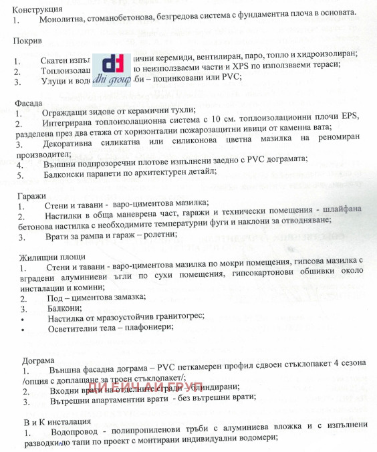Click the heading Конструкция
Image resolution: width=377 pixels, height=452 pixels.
click(x=38, y=10)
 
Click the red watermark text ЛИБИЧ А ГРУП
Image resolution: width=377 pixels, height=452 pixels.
click(x=145, y=392)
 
